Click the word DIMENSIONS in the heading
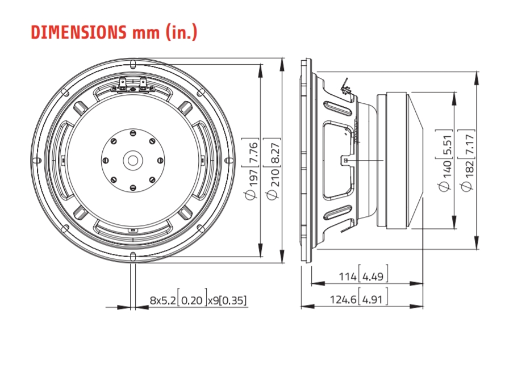pyautogui.click(x=79, y=32)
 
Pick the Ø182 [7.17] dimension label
pyautogui.click(x=467, y=160)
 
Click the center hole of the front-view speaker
pyautogui.click(x=132, y=160)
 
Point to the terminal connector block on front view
pyautogui.click(x=132, y=86)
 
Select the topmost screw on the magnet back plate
pyautogui.click(x=132, y=133)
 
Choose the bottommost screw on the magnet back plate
pyautogui.click(x=132, y=187)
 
